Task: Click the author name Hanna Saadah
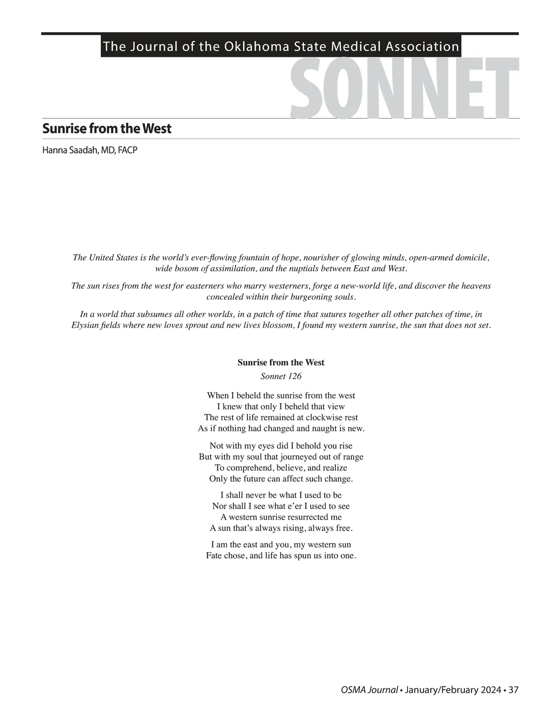click(x=70, y=150)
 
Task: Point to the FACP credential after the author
click(x=127, y=150)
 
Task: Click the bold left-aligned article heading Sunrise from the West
click(x=107, y=129)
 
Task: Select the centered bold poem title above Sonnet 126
click(x=281, y=362)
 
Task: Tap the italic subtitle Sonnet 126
click(x=281, y=376)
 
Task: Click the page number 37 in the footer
click(x=513, y=690)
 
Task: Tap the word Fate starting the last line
click(x=214, y=556)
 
